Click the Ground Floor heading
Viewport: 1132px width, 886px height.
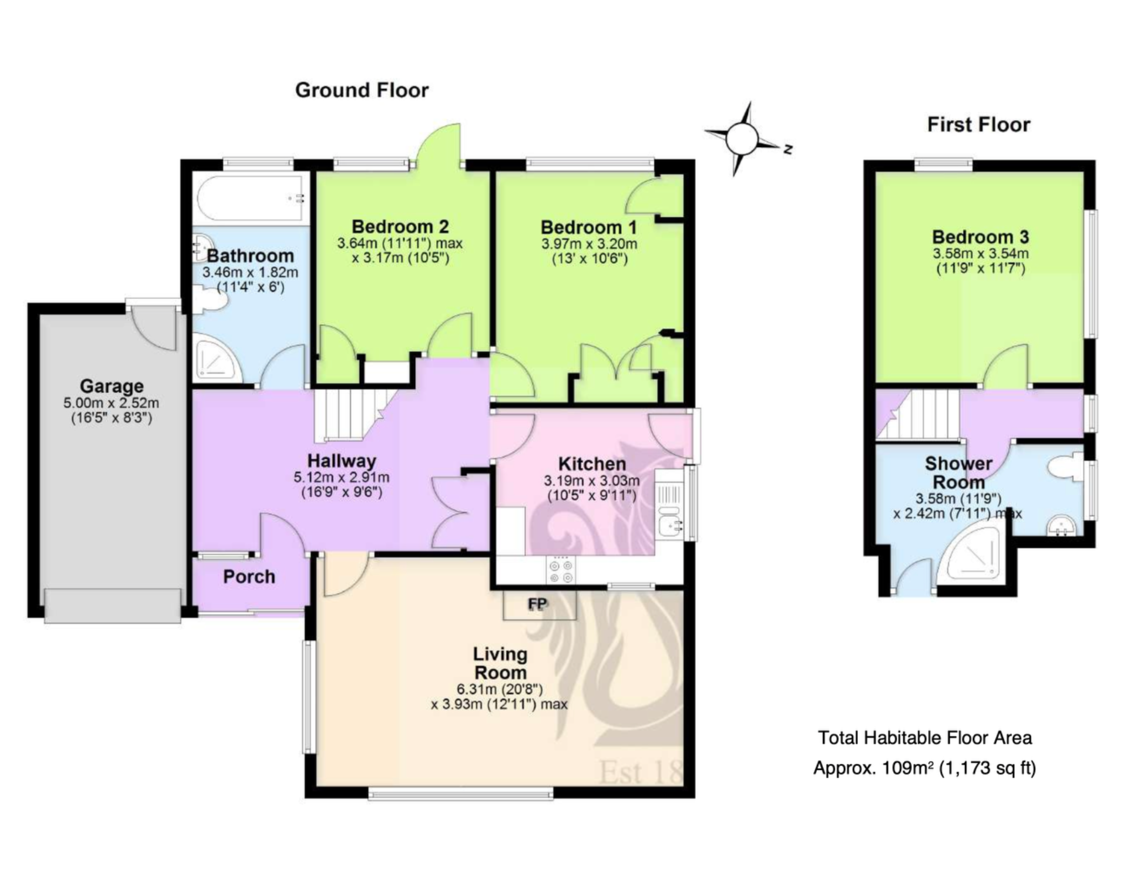[x=361, y=90]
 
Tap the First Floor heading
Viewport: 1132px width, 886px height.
[x=978, y=124]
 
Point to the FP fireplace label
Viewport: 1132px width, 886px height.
[x=537, y=604]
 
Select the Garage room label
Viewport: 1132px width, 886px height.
[x=112, y=386]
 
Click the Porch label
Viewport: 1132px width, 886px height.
[x=249, y=576]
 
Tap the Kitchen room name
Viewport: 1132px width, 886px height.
[x=592, y=464]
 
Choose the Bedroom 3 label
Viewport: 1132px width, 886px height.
[x=981, y=237]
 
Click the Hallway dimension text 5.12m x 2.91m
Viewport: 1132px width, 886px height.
[x=342, y=477]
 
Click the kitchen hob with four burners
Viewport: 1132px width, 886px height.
[x=561, y=569]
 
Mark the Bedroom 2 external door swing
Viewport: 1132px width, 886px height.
[x=439, y=145]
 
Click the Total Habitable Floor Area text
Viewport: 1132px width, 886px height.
[x=925, y=738]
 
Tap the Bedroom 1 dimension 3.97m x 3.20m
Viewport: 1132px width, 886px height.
[x=589, y=244]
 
